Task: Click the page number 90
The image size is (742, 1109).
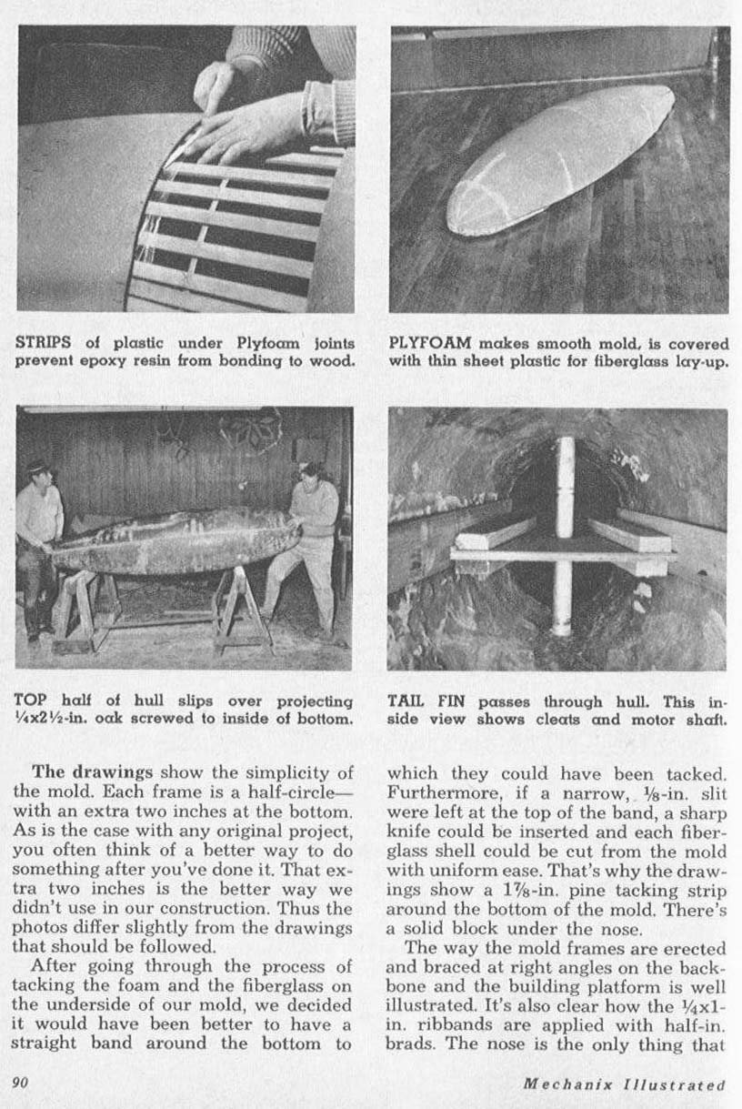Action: [x=20, y=1084]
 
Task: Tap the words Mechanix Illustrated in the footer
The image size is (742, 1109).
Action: [x=625, y=1084]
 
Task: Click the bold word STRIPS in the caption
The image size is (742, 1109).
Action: [x=41, y=344]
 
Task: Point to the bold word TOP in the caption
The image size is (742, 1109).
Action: [x=30, y=701]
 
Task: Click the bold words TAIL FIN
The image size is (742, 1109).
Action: [x=425, y=701]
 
